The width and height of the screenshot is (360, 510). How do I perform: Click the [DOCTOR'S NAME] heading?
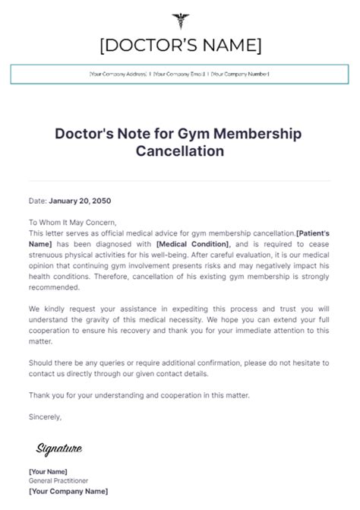[180, 46]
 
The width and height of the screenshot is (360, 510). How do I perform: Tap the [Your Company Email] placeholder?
[179, 74]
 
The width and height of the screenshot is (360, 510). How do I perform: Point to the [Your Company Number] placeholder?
[240, 74]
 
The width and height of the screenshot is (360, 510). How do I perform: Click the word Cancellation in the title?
[180, 150]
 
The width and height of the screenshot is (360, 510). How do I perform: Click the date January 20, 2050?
[80, 201]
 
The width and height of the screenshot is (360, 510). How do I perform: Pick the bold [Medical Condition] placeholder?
[192, 244]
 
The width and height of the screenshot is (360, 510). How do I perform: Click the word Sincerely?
[45, 417]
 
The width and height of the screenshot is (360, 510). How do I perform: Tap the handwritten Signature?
[58, 448]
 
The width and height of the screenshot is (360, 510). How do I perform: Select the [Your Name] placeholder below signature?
[48, 471]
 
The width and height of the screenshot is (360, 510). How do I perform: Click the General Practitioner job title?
[58, 481]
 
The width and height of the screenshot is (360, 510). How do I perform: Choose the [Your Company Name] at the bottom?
[68, 492]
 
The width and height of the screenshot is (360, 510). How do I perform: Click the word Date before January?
[37, 201]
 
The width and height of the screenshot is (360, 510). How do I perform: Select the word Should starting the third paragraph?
[43, 363]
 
